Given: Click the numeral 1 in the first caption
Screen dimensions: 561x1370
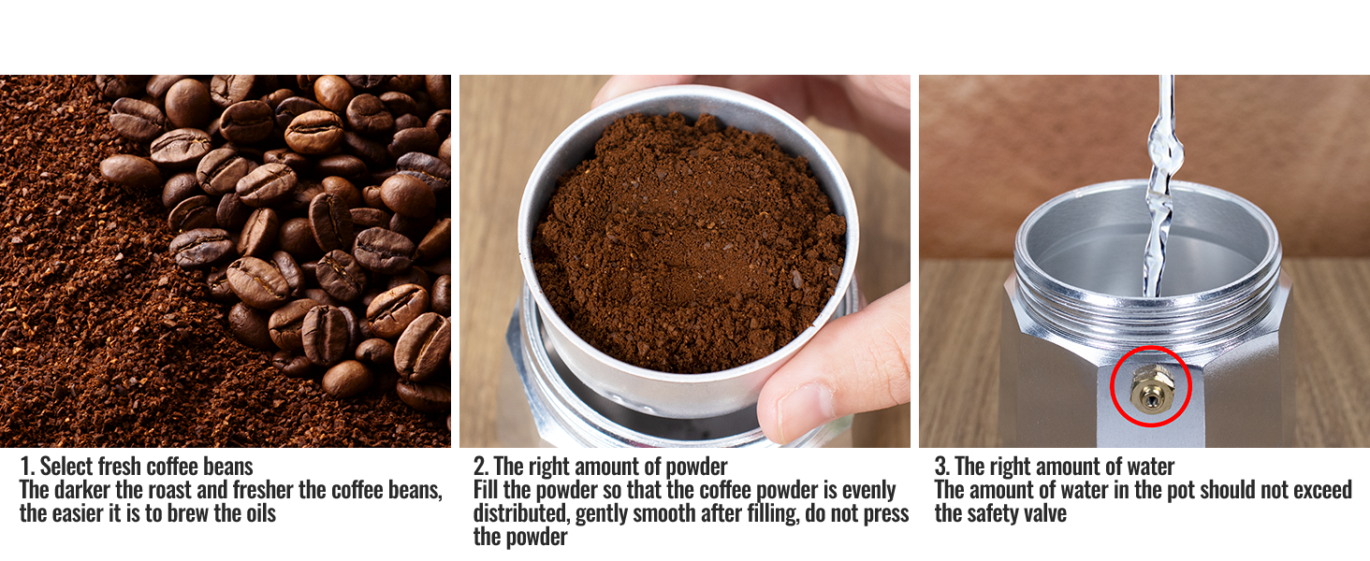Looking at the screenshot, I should click(x=26, y=467).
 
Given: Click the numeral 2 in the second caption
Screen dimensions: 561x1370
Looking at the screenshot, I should click(x=480, y=467).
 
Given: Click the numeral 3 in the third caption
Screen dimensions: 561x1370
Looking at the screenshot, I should click(x=941, y=467).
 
